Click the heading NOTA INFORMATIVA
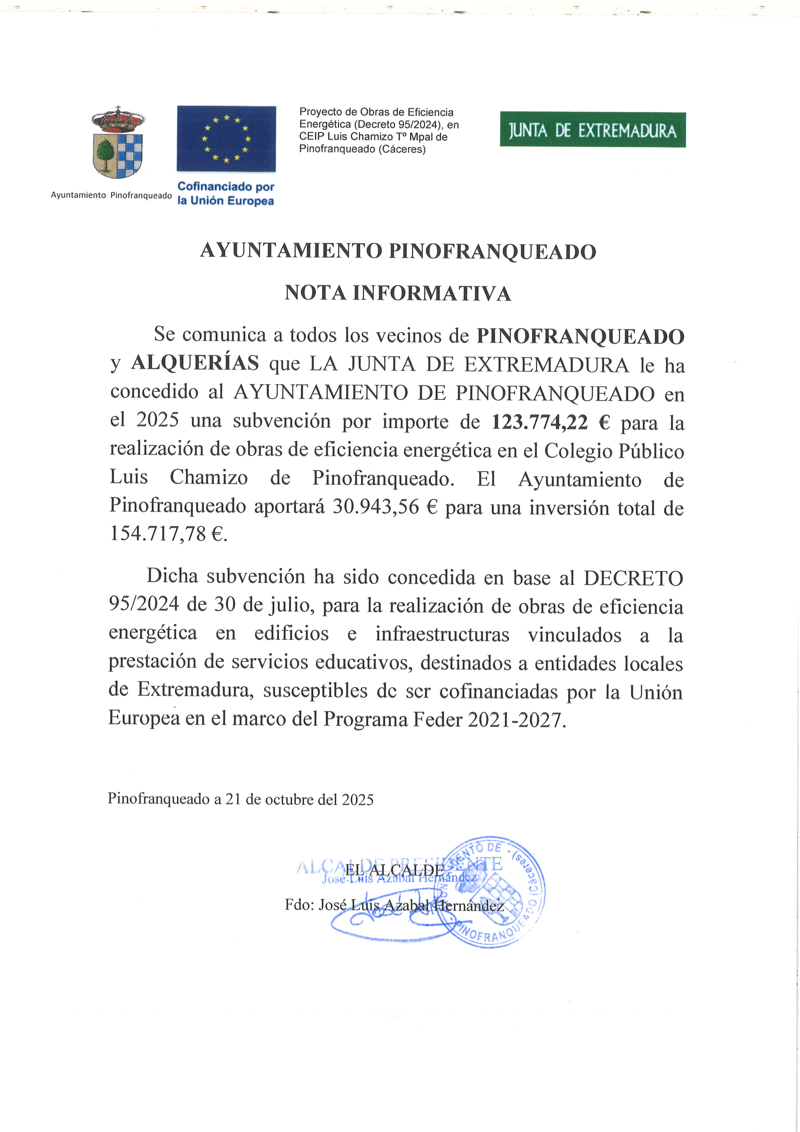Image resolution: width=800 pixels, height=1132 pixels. coord(398,293)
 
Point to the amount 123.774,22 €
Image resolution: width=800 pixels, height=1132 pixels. coord(551,423)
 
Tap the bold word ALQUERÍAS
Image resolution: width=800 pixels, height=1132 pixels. coord(195,363)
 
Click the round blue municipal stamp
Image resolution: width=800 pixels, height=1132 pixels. coord(497,892)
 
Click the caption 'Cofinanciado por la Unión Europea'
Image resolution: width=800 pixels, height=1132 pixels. coord(225,194)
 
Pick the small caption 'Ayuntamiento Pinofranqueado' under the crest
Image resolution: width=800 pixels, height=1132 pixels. coord(111,195)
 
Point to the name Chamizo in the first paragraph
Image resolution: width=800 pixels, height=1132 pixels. coord(208,478)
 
